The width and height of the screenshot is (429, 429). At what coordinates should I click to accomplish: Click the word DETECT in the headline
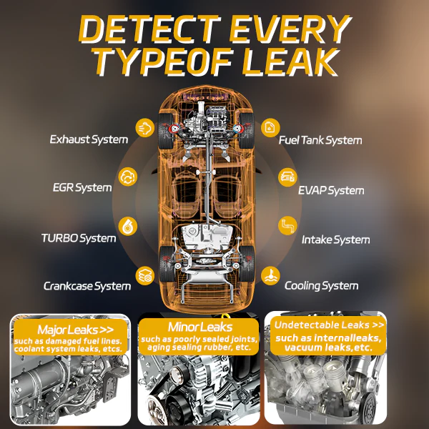point(150,29)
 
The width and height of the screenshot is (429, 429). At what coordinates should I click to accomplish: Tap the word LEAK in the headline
point(290,62)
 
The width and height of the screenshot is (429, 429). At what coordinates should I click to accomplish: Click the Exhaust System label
point(89,139)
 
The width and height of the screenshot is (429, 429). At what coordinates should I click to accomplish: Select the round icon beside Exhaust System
point(144,128)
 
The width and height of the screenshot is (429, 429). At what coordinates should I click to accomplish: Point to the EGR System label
point(82,187)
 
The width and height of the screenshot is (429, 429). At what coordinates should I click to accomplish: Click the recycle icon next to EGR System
point(128,177)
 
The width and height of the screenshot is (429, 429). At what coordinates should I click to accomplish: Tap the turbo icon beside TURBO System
point(128,226)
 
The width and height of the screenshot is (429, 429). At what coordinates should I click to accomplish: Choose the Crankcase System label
point(87,286)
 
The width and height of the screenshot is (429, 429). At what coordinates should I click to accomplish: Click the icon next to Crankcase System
point(144,275)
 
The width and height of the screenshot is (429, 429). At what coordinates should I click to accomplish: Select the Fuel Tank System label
point(320,140)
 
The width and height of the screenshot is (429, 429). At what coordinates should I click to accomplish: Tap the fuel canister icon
point(270,128)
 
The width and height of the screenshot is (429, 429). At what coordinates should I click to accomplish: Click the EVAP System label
point(331,191)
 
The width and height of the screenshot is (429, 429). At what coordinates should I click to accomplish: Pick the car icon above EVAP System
point(287,177)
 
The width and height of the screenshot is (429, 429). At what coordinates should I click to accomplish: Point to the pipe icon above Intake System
point(287,226)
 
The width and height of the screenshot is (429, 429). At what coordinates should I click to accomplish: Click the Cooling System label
point(322,286)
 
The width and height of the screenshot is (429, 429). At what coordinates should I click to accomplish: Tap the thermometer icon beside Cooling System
point(270,276)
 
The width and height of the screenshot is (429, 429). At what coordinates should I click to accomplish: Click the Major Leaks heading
point(76,330)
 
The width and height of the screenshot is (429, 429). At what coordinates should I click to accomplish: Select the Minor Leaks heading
point(200,327)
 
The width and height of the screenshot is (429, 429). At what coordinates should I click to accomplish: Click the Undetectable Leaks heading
point(329,325)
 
